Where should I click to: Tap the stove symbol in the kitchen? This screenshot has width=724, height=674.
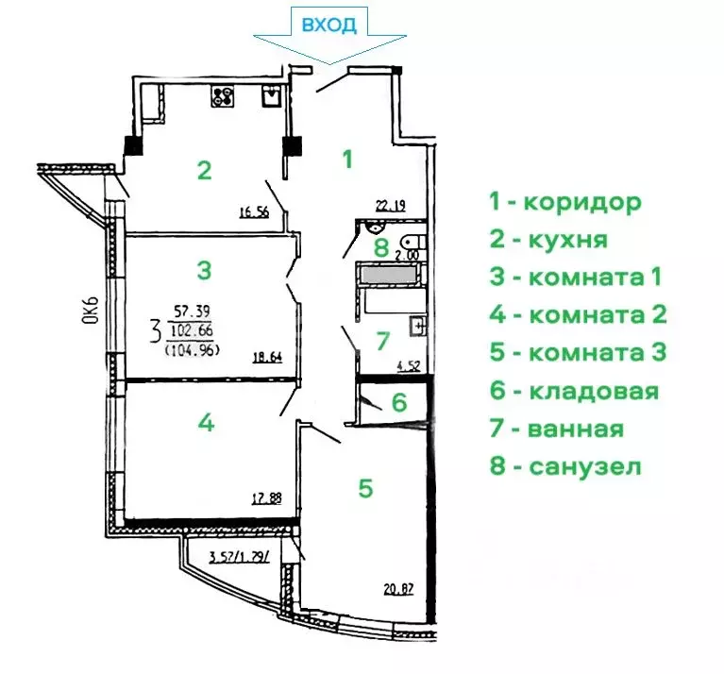click(x=225, y=94)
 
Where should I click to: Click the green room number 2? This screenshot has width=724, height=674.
click(x=203, y=171)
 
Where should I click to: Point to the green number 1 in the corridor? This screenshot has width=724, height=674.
click(x=346, y=159)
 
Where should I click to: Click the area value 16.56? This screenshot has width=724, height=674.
click(x=255, y=212)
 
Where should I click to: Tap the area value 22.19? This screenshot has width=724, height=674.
click(x=391, y=204)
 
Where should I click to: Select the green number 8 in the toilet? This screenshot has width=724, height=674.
click(x=380, y=248)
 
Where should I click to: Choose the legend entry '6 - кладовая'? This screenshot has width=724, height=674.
click(x=573, y=391)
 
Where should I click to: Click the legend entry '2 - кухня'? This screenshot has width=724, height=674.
click(x=547, y=239)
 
